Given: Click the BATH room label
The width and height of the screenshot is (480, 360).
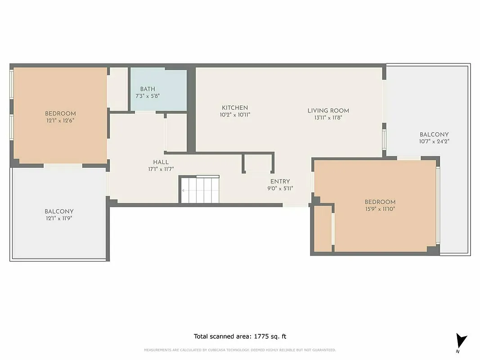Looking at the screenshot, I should point(148,89).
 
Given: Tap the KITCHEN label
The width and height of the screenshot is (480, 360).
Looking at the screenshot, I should point(235,108).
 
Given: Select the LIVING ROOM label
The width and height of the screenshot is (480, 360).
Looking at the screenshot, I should point(328,111).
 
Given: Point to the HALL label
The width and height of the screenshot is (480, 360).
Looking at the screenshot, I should point(161,162).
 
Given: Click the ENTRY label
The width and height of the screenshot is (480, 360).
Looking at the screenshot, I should point(280,182).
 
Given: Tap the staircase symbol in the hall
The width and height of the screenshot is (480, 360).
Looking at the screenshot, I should point(200,189).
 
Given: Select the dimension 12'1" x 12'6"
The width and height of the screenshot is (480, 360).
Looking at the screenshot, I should point(60,121).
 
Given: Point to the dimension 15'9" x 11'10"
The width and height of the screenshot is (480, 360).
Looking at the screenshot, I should point(380,209).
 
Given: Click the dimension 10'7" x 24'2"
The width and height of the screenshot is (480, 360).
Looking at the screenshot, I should point(434,141).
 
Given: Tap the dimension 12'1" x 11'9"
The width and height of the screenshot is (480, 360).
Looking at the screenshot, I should point(59,218).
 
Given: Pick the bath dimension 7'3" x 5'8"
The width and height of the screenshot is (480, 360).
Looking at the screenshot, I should point(148,96).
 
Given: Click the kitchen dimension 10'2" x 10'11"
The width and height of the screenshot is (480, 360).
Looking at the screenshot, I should point(235,115).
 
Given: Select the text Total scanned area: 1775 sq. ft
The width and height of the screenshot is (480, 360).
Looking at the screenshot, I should point(240,336).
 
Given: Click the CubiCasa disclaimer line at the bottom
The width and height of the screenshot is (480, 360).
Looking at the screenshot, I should point(240,350).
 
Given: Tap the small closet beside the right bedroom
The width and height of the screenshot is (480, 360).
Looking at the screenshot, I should point(322,228).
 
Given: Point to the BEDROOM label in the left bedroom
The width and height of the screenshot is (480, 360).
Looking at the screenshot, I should point(60,114).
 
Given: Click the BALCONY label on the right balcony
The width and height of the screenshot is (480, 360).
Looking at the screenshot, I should point(434,135).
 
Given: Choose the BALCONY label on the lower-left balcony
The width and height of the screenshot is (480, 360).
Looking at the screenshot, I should point(59,211).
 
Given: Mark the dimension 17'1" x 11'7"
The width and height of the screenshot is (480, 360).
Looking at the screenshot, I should point(161,169).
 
